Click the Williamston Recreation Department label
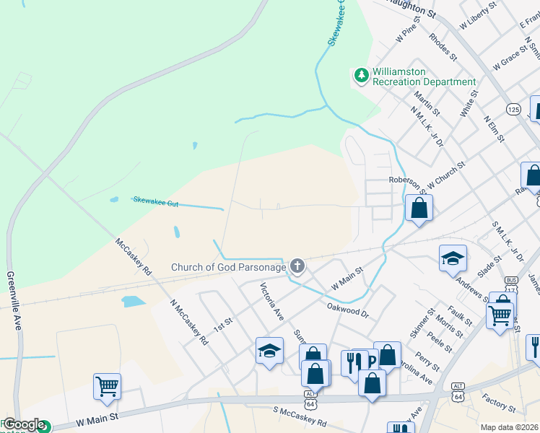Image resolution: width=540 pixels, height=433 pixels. [424, 77]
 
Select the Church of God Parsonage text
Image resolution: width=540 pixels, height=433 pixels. [228, 267]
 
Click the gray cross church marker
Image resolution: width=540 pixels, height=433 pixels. [297, 267]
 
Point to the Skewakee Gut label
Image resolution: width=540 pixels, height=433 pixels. [155, 203]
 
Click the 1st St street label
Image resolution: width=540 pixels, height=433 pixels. [227, 320]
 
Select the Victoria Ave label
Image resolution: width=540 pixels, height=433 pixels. [272, 301]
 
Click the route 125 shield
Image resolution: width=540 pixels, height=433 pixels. [513, 109]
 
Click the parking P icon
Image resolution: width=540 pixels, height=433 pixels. [371, 361]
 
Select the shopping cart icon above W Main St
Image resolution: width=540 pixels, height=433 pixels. [107, 385]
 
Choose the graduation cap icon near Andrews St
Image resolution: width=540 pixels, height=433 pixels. [452, 258]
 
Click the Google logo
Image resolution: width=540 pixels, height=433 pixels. [24, 425]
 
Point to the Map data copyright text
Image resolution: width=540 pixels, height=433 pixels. [510, 427]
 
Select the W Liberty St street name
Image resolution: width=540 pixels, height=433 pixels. [477, 16]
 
